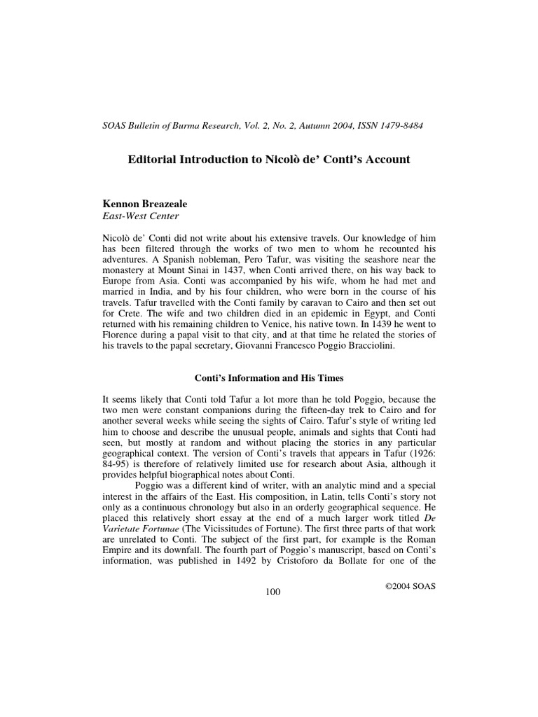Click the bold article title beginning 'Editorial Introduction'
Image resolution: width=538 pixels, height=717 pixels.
click(268, 160)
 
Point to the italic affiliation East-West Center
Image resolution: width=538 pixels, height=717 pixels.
click(141, 216)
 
